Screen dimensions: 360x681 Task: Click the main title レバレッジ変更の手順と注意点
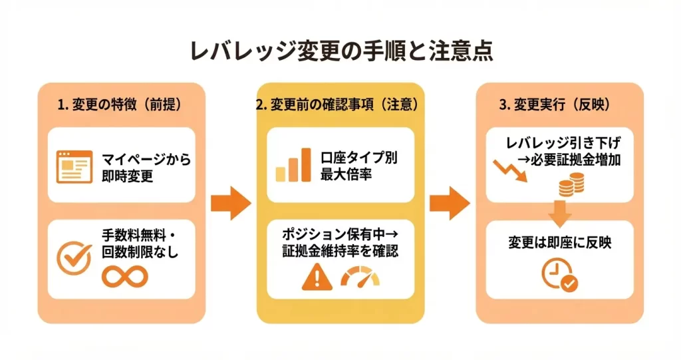[x=340, y=52]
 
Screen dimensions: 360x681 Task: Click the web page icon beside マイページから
[x=72, y=166]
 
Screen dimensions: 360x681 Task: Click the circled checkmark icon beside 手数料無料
[x=74, y=256]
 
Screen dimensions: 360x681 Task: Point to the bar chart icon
[x=293, y=165]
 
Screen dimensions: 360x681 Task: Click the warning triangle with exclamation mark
[x=316, y=276]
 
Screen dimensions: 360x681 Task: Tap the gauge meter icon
[x=362, y=276]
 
